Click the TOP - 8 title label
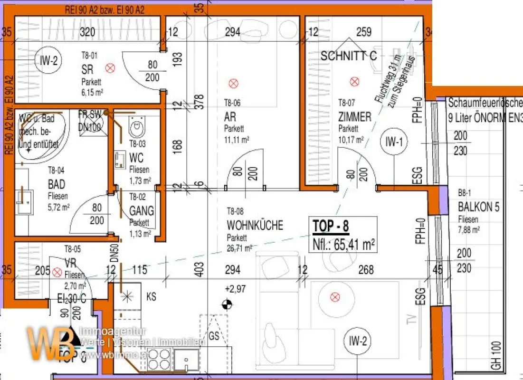[331, 227]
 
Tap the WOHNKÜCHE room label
[255, 225]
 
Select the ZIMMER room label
[354, 117]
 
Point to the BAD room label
[57, 184]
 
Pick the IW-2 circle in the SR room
[48, 61]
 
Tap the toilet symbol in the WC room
[138, 126]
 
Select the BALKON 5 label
[479, 207]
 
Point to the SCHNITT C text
[349, 56]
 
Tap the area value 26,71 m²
[239, 247]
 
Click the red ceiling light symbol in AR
[233, 84]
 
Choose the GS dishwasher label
[214, 335]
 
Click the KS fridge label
[151, 297]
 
